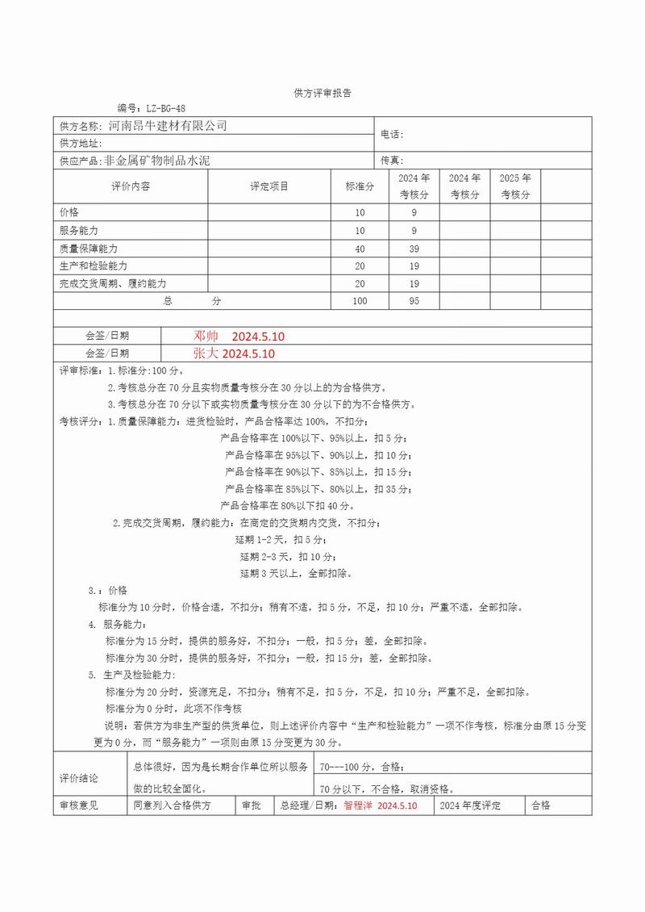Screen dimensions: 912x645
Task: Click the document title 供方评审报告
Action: (x=322, y=94)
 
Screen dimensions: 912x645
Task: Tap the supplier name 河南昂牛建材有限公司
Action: (x=168, y=126)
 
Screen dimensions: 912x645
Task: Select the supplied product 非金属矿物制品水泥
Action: (x=157, y=161)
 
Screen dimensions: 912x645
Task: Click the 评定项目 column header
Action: (x=269, y=186)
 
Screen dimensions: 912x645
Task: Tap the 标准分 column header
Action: (x=360, y=186)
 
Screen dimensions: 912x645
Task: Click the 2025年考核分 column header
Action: (x=515, y=186)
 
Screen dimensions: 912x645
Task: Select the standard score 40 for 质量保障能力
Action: (x=360, y=249)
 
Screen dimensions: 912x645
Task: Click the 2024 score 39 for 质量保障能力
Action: (x=414, y=249)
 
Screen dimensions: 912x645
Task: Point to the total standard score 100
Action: (x=360, y=301)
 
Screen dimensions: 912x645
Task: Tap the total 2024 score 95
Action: (x=414, y=301)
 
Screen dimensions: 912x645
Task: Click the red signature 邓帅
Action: (x=206, y=336)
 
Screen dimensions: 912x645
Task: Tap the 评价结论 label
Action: (x=79, y=778)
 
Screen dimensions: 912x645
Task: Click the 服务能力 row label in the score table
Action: (x=79, y=231)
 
